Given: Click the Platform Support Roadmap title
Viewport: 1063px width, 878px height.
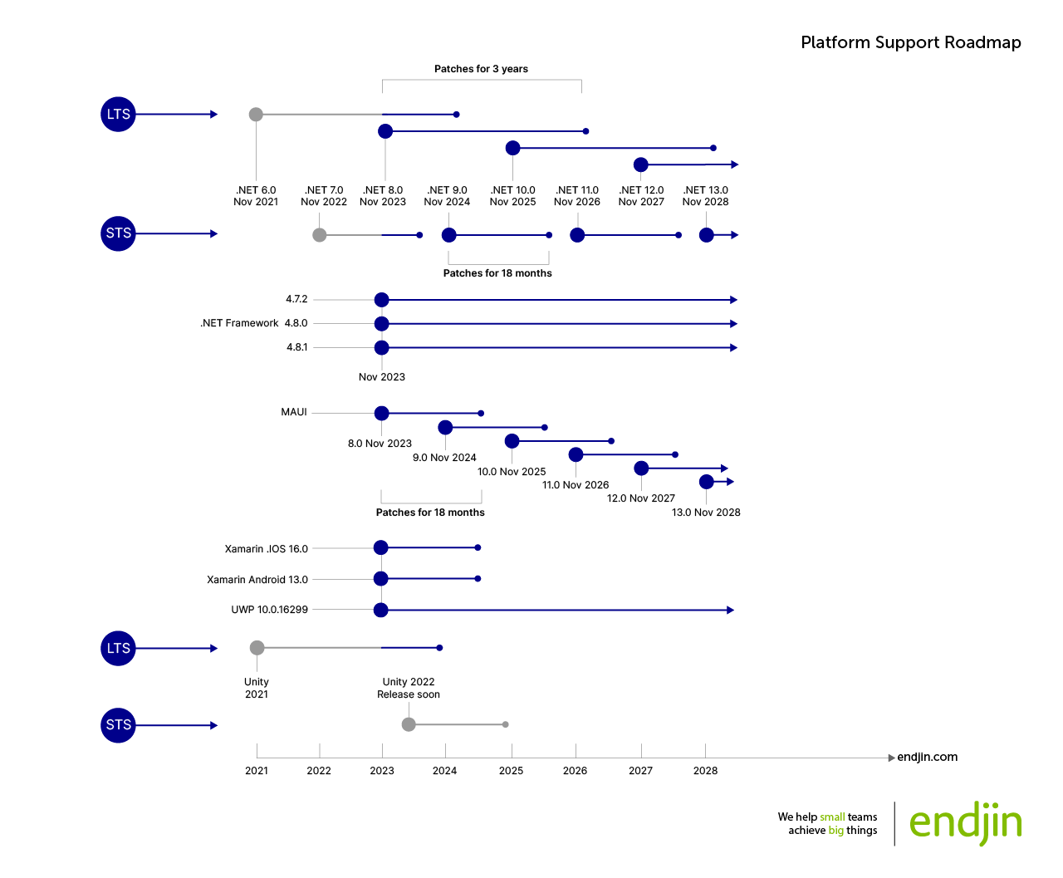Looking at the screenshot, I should [910, 42].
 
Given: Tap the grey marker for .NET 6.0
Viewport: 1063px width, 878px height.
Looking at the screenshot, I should [256, 115].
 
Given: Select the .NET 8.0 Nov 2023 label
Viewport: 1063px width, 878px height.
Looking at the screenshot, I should [383, 196].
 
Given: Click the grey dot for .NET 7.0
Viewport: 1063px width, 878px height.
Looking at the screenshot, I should [320, 235].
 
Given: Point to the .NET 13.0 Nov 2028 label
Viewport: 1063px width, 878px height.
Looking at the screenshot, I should [705, 196].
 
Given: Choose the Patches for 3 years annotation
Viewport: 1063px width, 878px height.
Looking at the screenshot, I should [481, 69].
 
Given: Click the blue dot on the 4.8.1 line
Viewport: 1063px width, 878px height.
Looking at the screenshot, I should [381, 348].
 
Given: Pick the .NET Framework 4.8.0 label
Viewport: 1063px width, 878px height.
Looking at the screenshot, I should [254, 323].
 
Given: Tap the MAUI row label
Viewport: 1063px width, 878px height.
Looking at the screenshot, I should [294, 412].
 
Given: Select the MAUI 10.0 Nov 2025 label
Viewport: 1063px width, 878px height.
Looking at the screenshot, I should [512, 472].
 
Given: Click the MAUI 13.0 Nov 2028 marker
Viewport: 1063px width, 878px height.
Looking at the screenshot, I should [706, 482].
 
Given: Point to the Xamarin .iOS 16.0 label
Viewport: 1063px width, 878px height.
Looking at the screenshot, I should [266, 549].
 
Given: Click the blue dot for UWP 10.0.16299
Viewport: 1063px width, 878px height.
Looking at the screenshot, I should [380, 611].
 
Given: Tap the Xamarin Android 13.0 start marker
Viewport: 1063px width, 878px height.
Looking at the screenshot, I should [380, 579].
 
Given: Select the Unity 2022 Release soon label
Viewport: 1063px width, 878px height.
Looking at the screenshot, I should [409, 688].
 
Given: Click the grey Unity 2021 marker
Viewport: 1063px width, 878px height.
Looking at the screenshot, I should [257, 648].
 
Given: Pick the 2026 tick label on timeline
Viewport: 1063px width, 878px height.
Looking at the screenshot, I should [575, 771].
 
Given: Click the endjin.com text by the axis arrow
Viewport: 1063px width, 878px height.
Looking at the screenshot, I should [927, 757].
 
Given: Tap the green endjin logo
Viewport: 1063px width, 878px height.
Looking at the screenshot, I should [965, 823].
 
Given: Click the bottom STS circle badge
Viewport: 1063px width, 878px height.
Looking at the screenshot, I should [118, 725].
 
